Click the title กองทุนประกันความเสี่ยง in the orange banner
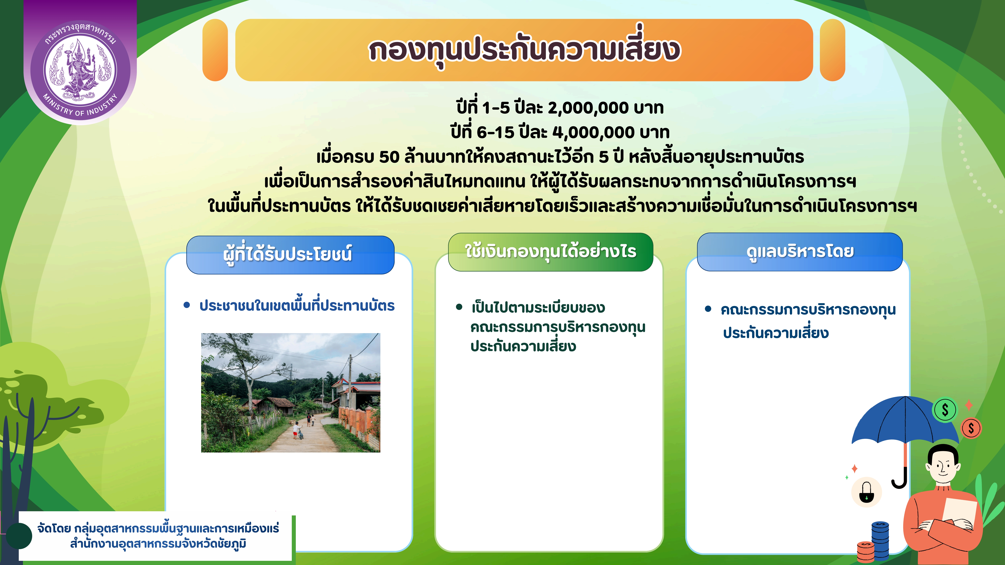click(524, 50)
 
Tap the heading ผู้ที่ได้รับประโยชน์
click(288, 254)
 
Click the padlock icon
click(866, 493)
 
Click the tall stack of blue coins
click(881, 542)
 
